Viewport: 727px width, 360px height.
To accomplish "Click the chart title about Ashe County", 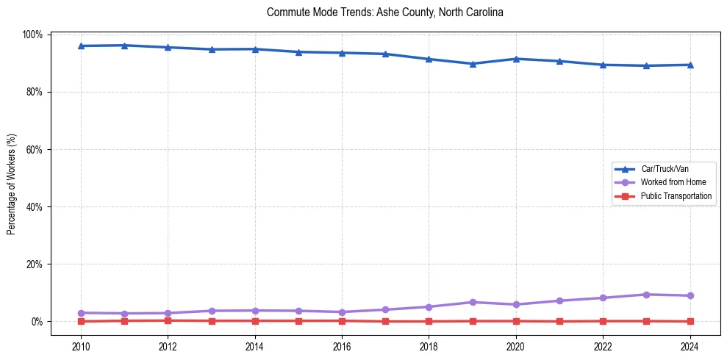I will pos(384,12).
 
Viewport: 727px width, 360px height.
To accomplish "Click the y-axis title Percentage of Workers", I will pos(12,184).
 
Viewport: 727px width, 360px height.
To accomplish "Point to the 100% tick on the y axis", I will pos(35,35).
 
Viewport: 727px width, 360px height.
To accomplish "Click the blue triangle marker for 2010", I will pos(81,46).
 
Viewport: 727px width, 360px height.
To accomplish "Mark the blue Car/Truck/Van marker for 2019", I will pos(473,64).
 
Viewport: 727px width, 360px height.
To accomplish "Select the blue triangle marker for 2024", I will pos(690,65).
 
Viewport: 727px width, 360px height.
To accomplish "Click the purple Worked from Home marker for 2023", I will pos(646,295).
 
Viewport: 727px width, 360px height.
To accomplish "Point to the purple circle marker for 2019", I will pos(473,302).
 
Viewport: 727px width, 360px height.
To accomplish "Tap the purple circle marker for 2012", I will pos(168,313).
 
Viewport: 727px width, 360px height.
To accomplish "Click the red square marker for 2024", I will pos(690,321).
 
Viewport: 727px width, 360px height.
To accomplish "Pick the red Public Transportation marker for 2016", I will pos(342,320).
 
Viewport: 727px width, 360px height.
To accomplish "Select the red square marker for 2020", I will pos(516,321).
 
